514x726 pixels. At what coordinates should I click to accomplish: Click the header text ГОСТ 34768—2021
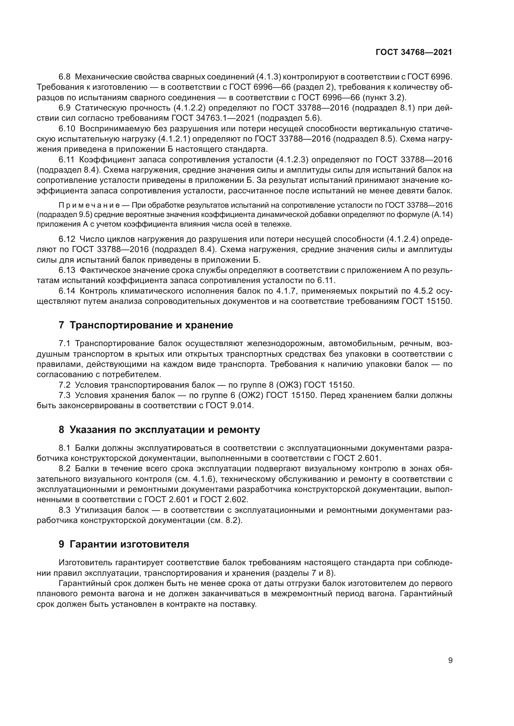click(414, 52)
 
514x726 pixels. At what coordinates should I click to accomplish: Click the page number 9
click(450, 661)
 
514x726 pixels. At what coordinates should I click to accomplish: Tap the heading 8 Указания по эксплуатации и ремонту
click(159, 430)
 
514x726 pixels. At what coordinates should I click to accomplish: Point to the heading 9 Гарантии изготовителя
click(124, 544)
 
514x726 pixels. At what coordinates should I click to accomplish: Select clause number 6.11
click(67, 160)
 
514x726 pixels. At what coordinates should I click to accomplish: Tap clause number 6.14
click(67, 291)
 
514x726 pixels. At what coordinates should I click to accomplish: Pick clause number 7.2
click(65, 385)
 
